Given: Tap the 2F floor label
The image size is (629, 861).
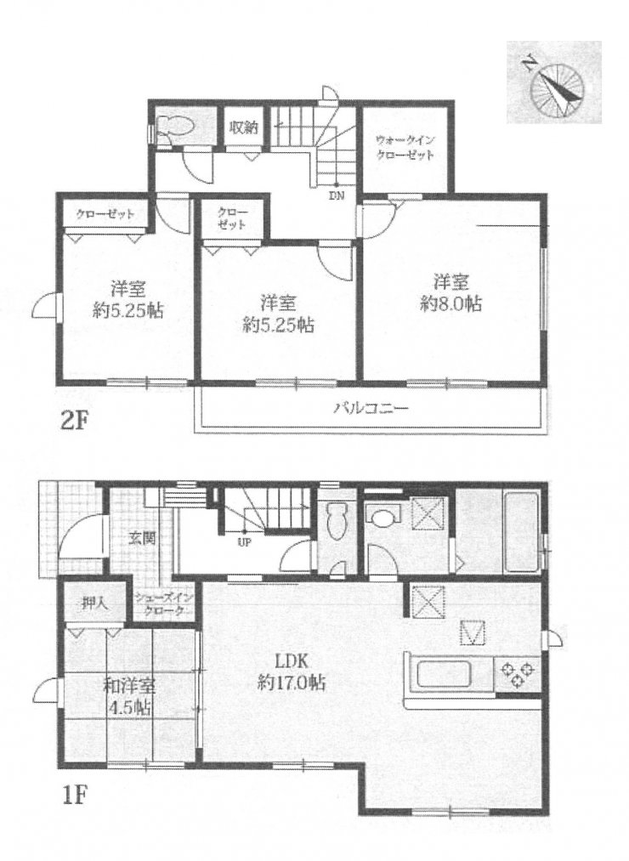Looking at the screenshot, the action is point(73,422).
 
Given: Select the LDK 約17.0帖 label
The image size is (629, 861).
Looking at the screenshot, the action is point(292,671).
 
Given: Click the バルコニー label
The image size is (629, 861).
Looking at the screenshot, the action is point(371,408).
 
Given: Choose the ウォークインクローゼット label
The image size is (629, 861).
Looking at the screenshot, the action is point(405,147).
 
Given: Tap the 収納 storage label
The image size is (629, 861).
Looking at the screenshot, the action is point(243,127).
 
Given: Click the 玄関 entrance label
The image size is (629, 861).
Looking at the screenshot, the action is point(142,537).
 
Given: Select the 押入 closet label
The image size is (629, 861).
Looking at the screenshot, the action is point(94,604).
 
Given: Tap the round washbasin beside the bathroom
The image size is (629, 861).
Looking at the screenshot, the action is point(382,516).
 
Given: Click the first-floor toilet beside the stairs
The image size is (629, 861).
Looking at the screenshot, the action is point(337,522).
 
